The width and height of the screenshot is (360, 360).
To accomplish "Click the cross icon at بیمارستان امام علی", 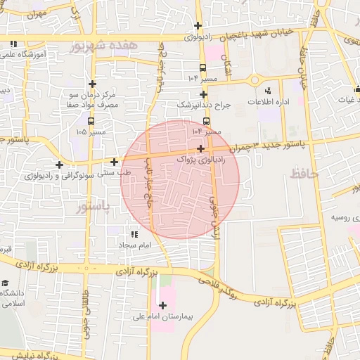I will [163, 305].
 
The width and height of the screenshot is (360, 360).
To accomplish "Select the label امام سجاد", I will [131, 245].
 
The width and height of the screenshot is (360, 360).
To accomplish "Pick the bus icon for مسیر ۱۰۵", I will [92, 120].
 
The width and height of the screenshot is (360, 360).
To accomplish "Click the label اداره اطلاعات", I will [268, 102].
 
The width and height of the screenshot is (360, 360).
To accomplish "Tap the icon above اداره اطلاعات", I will [268, 91].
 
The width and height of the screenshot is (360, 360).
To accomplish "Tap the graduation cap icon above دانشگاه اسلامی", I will [6, 283].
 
